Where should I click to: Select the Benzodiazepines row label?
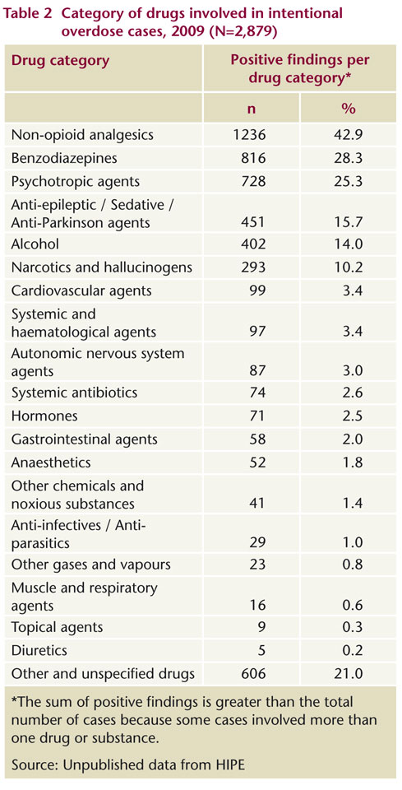click(64, 158)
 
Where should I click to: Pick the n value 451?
click(255, 221)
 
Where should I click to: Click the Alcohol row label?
click(35, 244)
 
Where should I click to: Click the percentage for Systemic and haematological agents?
click(352, 332)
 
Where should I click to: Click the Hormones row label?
click(44, 416)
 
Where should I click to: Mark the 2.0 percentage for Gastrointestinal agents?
click(352, 439)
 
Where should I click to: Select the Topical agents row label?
click(57, 627)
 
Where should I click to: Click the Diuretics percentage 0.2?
click(352, 650)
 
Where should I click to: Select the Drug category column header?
click(60, 62)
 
